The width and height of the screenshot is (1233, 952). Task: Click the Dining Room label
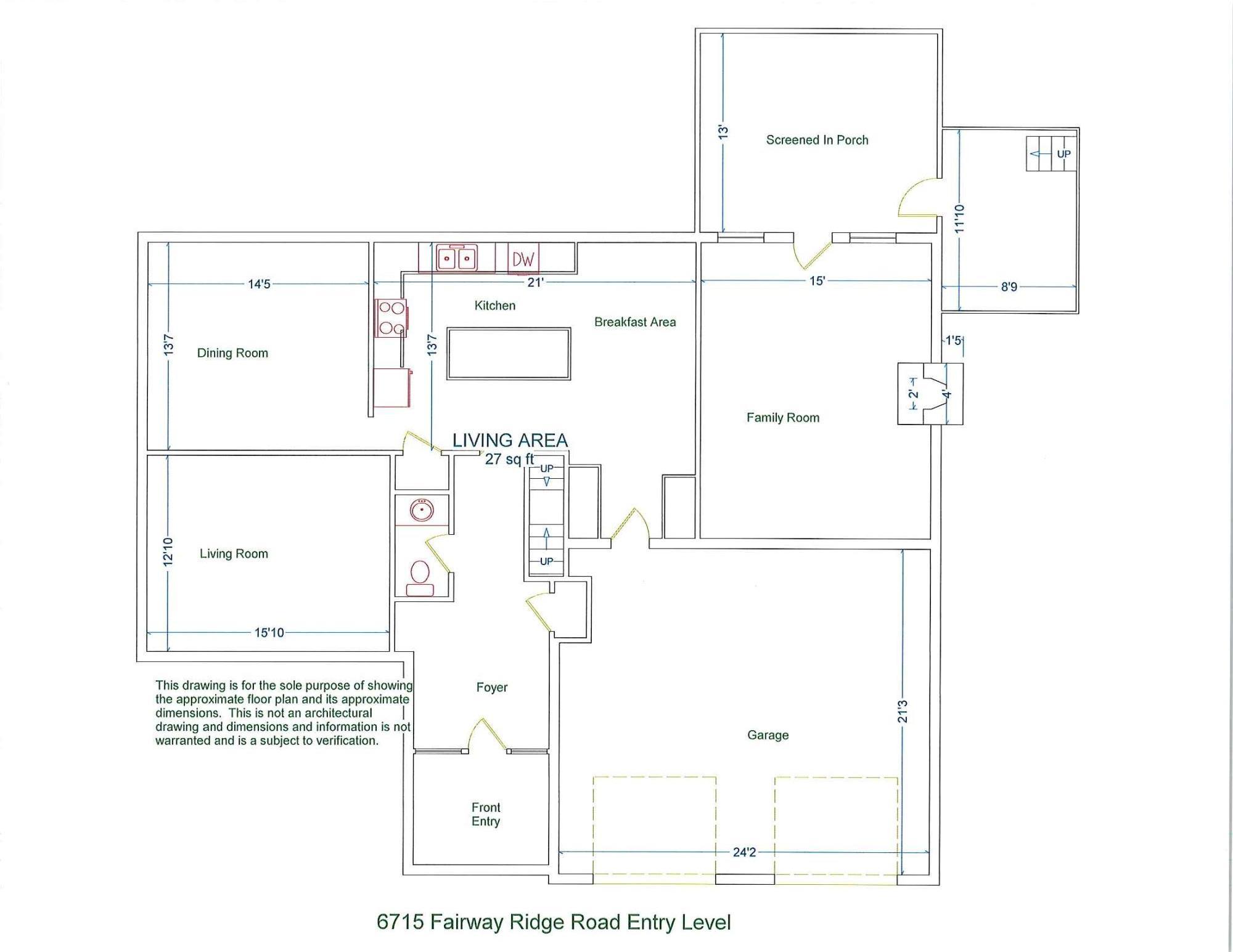coord(232,353)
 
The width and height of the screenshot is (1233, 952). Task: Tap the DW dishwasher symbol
coord(523,259)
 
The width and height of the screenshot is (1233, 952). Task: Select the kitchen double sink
coord(457,258)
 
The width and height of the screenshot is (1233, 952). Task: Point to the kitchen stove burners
coord(391,317)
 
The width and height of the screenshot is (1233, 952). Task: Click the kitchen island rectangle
coord(509,354)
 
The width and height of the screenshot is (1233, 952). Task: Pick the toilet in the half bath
coord(420,578)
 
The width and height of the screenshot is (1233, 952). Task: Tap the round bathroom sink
coord(422,510)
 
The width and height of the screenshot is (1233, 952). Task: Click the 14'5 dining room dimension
coord(259,284)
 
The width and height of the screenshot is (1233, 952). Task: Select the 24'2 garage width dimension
coord(744,852)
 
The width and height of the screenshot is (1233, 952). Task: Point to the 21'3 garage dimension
coord(903,711)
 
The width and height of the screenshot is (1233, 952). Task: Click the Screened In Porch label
coord(817,140)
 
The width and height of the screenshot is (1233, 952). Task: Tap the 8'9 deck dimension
coord(1009,287)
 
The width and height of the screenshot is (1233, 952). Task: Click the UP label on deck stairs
coord(1063,153)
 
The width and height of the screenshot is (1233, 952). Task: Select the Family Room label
coord(783,418)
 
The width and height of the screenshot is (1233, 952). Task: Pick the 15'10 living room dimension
coord(269,633)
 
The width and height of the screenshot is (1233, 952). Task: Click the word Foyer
coord(492,687)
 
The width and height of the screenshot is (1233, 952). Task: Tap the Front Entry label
coord(486,814)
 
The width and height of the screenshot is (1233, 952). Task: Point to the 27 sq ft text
coord(509,459)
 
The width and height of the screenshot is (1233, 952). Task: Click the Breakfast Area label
coord(635,322)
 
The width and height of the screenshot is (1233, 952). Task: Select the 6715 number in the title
coord(400,922)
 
